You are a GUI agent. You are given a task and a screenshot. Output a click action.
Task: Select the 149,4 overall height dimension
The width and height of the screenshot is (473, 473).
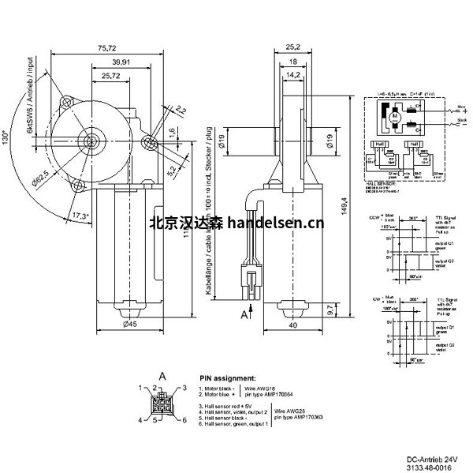344,210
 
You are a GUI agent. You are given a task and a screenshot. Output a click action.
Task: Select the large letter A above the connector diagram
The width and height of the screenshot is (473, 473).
162,374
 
